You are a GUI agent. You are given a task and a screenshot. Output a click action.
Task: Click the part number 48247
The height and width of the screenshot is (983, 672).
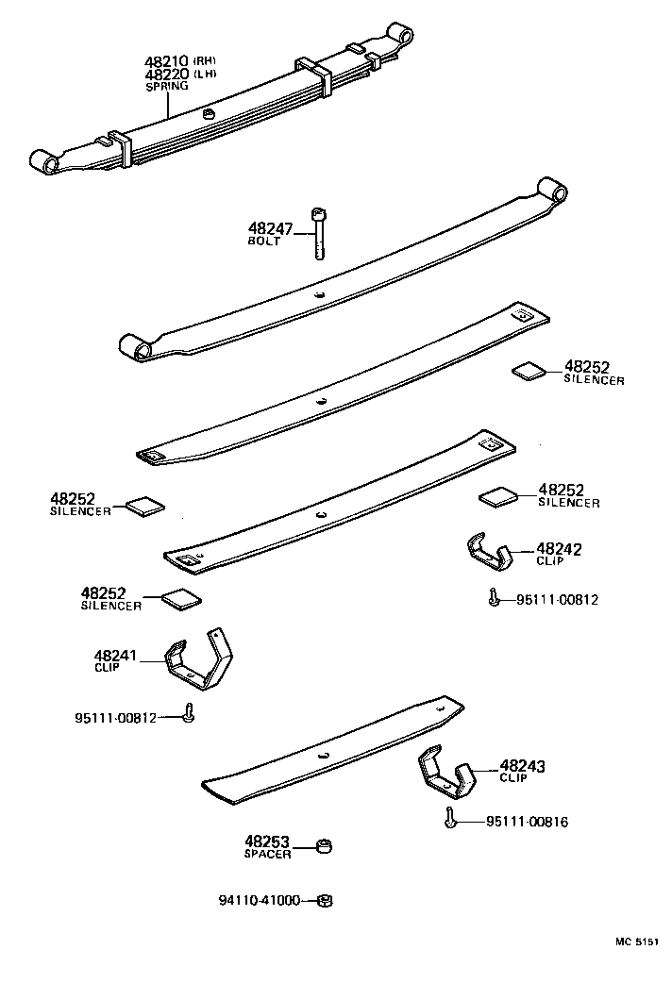coord(271,228)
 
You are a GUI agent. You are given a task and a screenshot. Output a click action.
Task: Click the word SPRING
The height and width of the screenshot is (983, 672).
coord(166,86)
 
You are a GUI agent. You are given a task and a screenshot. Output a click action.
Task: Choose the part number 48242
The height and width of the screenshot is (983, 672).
coord(559,548)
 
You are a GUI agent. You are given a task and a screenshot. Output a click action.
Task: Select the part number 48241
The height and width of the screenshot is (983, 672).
coord(118,655)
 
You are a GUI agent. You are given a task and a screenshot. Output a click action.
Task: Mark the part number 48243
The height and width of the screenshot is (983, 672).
coord(522,767)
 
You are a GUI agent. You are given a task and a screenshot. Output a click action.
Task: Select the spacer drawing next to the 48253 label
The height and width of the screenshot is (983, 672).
coord(323,844)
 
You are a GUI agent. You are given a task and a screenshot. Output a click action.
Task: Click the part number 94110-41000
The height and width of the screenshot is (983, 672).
coord(259,901)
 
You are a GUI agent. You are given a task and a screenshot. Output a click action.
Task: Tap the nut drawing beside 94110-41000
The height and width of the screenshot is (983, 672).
coord(322,901)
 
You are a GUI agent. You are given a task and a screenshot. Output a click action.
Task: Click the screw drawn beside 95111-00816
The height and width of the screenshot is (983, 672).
coord(451,819)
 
